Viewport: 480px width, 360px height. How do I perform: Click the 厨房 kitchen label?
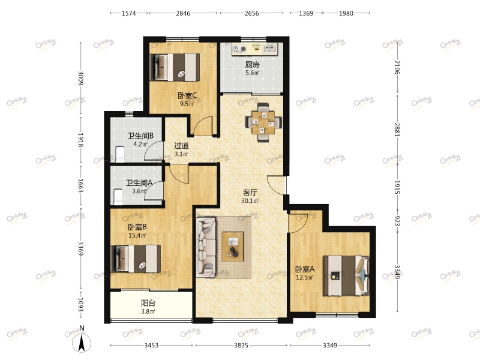point(252,65)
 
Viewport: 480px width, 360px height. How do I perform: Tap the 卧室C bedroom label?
point(187,96)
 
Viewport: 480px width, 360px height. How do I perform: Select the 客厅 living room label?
point(250,193)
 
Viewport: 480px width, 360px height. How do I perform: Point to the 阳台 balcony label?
point(148,303)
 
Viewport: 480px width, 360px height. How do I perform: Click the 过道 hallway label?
point(181,146)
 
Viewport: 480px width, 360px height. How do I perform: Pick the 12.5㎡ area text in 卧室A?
point(305,278)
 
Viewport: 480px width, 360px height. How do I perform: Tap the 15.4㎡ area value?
point(137,235)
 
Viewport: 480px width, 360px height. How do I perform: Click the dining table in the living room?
point(263,123)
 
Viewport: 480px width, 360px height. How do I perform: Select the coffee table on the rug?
point(233,247)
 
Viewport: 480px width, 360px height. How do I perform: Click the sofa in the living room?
point(206,247)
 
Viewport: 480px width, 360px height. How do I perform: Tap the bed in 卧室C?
point(175,67)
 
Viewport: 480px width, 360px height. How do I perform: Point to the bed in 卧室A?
point(347,275)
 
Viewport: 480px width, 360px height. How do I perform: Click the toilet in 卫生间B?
point(119,154)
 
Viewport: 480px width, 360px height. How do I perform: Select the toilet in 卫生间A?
point(118,197)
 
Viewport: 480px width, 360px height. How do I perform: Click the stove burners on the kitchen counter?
point(239,49)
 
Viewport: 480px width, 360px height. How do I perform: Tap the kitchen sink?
point(270,49)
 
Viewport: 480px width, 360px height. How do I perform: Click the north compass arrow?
point(82,343)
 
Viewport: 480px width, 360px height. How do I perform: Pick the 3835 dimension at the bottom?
point(241,346)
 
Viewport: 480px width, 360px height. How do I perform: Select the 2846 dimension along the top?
point(183,13)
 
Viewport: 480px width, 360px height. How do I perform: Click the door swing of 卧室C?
point(202,125)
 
